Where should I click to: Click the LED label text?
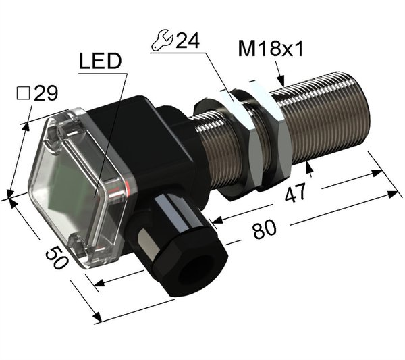click(101, 61)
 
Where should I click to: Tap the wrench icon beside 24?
click(162, 40)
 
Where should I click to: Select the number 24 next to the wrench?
click(188, 41)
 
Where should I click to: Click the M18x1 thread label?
click(270, 49)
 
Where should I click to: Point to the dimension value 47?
click(295, 192)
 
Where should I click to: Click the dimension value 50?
click(57, 257)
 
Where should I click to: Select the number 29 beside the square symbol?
click(46, 93)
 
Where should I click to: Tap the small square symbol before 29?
click(23, 93)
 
